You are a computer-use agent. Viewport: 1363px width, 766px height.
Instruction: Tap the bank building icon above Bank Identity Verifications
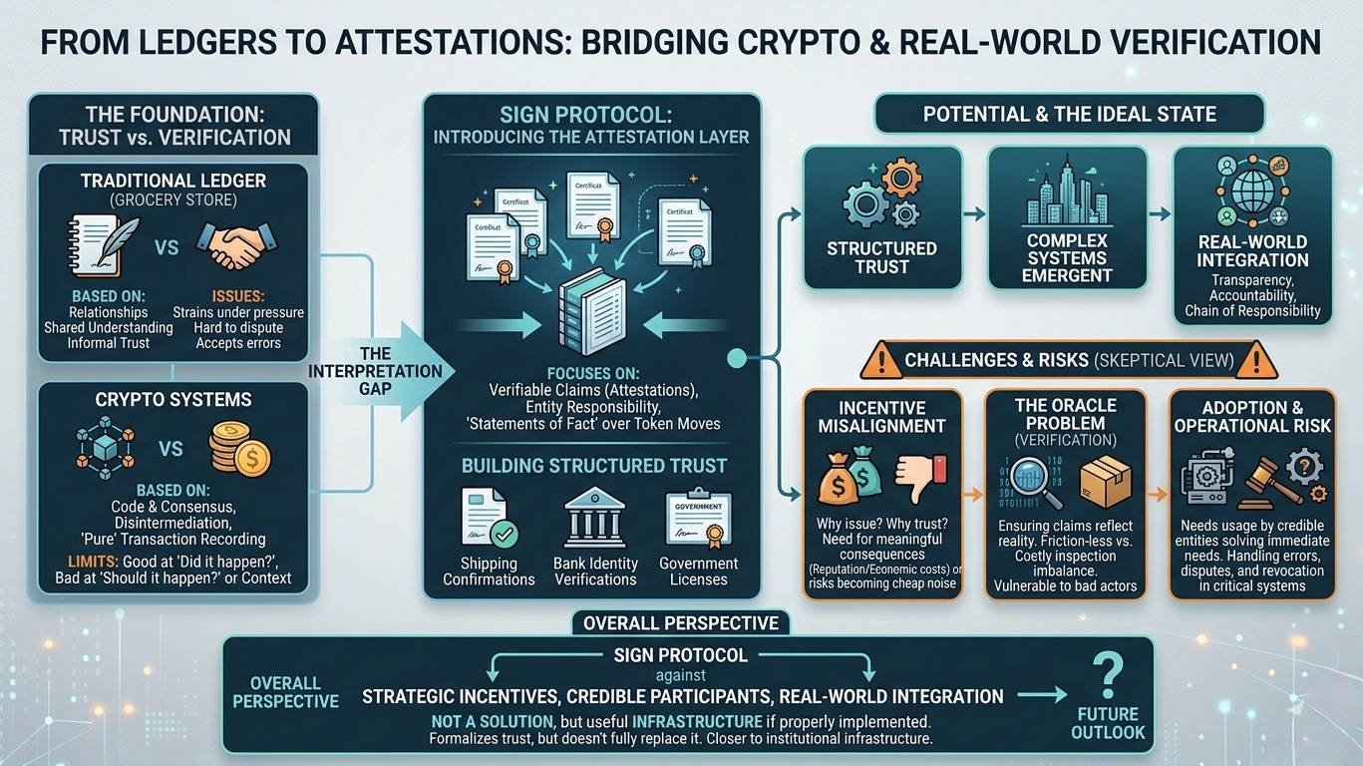point(595,517)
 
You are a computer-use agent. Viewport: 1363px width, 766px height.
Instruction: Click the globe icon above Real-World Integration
point(1252,192)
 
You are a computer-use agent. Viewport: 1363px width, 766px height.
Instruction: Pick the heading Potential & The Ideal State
point(1069,114)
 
